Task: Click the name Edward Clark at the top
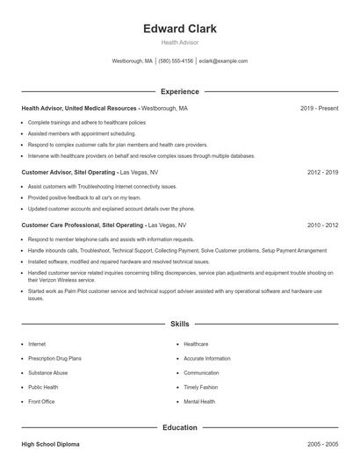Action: (180, 28)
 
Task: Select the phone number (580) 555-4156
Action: (176, 61)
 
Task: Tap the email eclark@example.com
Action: (223, 61)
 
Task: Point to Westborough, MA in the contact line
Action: (133, 61)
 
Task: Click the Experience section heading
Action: (180, 91)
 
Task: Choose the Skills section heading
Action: (180, 325)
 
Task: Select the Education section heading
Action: (180, 427)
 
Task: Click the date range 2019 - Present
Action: (319, 108)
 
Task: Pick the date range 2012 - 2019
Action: (322, 173)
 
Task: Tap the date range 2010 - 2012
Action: (322, 225)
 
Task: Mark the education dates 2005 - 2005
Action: (322, 445)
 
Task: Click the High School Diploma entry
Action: (51, 445)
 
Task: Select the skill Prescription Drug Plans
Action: (54, 358)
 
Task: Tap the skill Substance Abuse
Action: (47, 373)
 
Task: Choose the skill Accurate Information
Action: (207, 358)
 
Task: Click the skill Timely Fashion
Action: (201, 387)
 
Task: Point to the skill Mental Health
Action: (199, 401)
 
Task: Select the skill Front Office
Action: (41, 401)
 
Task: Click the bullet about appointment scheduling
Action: (76, 133)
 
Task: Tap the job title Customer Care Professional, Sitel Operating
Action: (80, 225)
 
